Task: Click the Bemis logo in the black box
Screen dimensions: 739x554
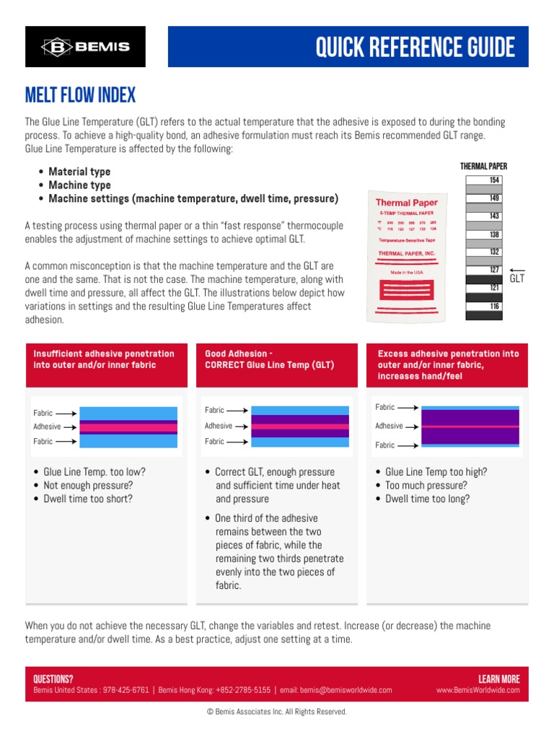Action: (x=85, y=47)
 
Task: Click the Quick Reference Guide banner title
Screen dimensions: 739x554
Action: (x=415, y=48)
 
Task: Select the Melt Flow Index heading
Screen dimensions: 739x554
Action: (x=80, y=95)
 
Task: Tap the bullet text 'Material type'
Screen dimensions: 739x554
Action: (x=79, y=172)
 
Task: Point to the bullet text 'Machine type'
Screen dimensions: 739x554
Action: (x=79, y=185)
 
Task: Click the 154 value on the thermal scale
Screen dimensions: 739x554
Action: (x=494, y=180)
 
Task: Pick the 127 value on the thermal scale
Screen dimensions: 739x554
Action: (x=494, y=271)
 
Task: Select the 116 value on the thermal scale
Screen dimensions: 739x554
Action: (x=494, y=307)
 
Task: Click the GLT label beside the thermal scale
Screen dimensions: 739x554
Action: (x=517, y=279)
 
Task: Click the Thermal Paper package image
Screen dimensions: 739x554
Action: (x=407, y=254)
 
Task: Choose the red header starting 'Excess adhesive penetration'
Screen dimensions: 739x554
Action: (x=448, y=364)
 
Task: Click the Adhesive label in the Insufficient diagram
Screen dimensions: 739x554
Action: (x=48, y=427)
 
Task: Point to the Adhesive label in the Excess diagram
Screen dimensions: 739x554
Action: (x=389, y=426)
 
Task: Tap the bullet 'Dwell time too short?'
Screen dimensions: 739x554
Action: (x=88, y=499)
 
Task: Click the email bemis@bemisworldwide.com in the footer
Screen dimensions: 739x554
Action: (x=346, y=690)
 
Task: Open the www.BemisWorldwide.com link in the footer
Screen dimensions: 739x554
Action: (x=478, y=690)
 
